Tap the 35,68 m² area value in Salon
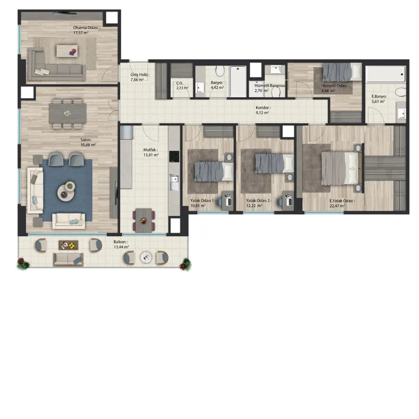(88, 145)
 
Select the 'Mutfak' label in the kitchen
(150, 150)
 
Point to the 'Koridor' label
(263, 108)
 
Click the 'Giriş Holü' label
(140, 75)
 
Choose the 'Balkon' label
(120, 242)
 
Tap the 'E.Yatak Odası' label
(342, 201)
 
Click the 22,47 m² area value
(337, 206)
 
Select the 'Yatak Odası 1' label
(202, 201)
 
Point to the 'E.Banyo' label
(379, 96)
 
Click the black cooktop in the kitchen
(174, 156)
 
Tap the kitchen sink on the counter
(174, 182)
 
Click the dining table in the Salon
(68, 114)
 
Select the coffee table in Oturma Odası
(67, 51)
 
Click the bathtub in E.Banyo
(385, 74)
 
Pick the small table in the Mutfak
(144, 220)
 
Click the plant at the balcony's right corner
(185, 264)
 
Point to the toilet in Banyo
(220, 71)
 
